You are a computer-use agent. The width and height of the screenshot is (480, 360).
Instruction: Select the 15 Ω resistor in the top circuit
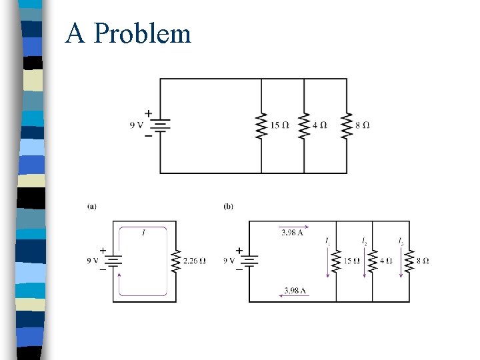[261, 125]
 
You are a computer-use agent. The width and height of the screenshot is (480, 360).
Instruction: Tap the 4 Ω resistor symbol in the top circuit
[304, 125]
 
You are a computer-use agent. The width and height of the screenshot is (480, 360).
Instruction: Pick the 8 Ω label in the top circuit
[362, 125]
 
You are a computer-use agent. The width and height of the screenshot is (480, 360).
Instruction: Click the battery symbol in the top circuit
[161, 125]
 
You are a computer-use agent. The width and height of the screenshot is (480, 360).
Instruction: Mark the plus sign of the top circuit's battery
[148, 113]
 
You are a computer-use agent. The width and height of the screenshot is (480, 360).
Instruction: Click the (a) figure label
[92, 207]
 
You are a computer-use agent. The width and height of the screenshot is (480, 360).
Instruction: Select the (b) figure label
[229, 207]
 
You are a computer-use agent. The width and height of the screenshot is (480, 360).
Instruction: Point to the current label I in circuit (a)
[143, 233]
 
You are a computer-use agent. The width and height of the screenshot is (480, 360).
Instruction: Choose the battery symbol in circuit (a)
[113, 260]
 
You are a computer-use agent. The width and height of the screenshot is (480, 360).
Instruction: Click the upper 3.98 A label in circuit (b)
[291, 233]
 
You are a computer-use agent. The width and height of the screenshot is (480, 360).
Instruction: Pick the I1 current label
[327, 241]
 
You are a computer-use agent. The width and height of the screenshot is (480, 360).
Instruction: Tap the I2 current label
[364, 241]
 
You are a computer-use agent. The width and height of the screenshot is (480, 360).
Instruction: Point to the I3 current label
[400, 241]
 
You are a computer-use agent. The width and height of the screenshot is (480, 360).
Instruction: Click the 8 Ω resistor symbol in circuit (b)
[409, 260]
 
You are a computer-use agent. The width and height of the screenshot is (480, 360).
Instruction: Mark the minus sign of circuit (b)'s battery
[239, 269]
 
